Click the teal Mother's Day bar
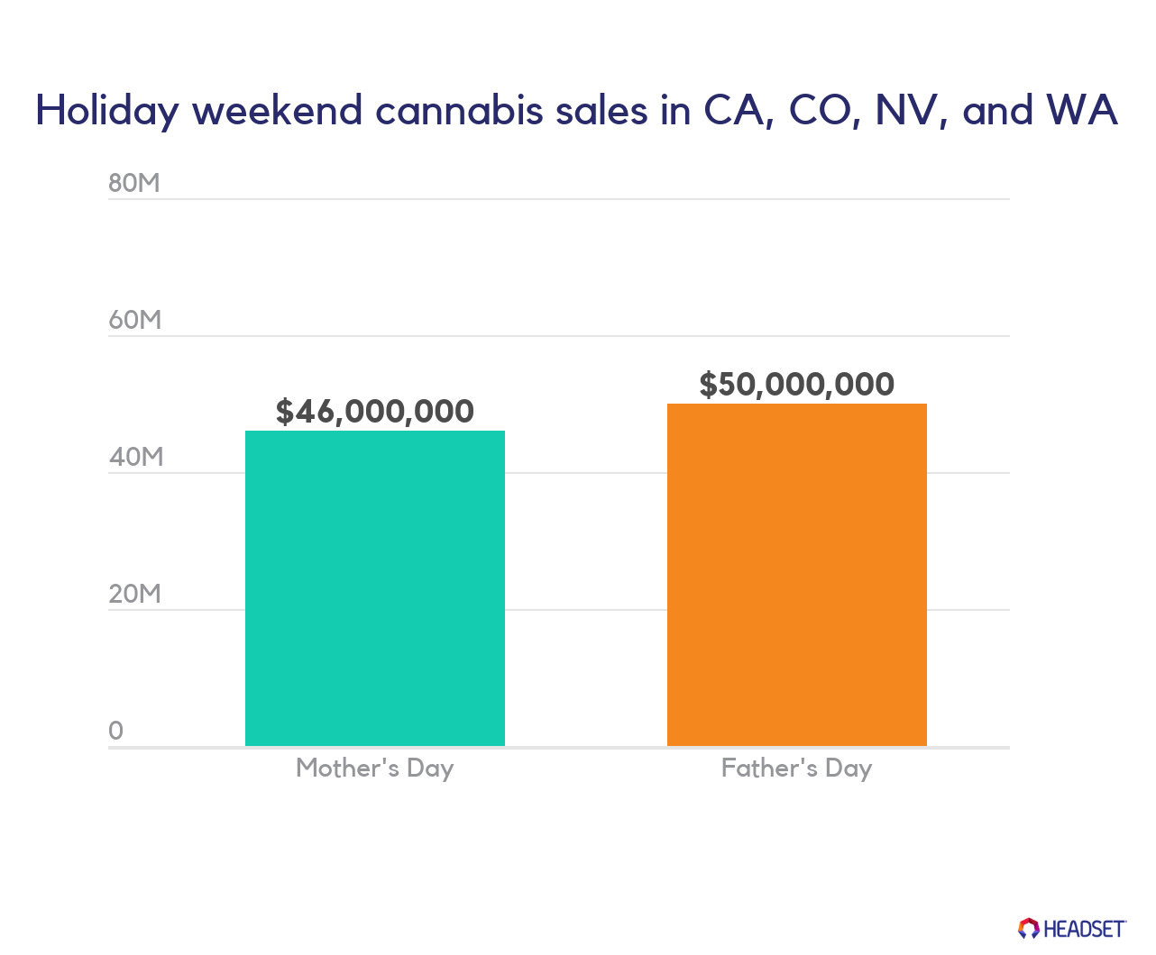click(375, 588)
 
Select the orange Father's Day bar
click(797, 574)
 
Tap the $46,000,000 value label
click(375, 412)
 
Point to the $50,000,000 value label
click(797, 385)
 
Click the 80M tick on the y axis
click(134, 183)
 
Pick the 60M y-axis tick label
click(134, 320)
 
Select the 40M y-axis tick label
click(135, 457)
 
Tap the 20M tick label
click(134, 594)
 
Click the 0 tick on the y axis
click(115, 731)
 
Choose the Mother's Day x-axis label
click(375, 769)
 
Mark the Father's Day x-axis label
click(797, 769)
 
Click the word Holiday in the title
click(107, 111)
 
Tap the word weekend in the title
click(278, 110)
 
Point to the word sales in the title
click(601, 111)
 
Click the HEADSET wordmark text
click(1085, 929)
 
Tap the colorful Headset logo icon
click(1029, 928)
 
